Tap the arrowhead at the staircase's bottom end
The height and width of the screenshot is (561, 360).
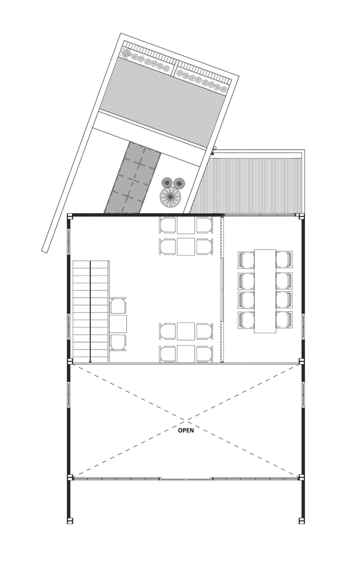pos(90,360)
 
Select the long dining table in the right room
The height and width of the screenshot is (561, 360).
pos(265,291)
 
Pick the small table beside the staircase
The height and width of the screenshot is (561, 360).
pos(118,324)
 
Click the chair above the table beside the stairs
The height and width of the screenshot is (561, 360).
pos(118,306)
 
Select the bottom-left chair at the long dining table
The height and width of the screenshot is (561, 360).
pos(246,320)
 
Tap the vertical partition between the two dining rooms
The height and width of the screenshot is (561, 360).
pos(223,289)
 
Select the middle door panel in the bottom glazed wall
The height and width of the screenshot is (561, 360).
pos(186,479)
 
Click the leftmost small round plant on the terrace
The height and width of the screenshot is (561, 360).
pos(167,182)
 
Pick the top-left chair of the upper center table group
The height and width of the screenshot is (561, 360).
pos(168,225)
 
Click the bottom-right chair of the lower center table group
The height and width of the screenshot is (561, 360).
pos(205,353)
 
